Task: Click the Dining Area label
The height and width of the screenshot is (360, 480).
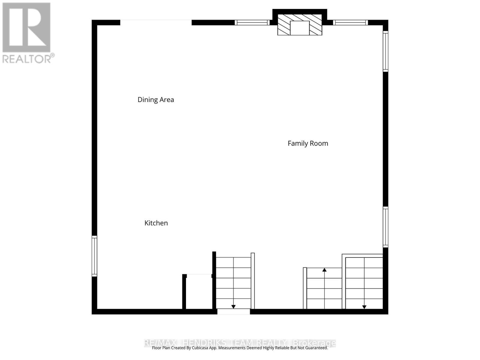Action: (156, 100)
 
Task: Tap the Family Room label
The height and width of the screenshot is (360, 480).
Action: (308, 143)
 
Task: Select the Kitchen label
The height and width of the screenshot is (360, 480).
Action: (156, 223)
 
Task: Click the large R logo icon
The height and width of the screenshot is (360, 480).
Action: (26, 27)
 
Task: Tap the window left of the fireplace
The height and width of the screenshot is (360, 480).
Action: (252, 22)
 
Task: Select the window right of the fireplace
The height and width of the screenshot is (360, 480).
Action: (350, 22)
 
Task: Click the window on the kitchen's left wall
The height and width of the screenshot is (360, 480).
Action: (94, 256)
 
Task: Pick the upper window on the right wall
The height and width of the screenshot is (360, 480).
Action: (385, 51)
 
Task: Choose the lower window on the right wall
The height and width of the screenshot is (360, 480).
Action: (385, 227)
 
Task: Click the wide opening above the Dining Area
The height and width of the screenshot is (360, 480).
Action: (156, 22)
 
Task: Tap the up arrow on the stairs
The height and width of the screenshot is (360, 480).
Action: (324, 270)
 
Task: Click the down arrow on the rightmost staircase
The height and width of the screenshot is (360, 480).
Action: (364, 307)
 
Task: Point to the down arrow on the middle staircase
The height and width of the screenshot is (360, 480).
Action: (233, 307)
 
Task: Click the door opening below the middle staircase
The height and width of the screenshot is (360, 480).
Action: (233, 312)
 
